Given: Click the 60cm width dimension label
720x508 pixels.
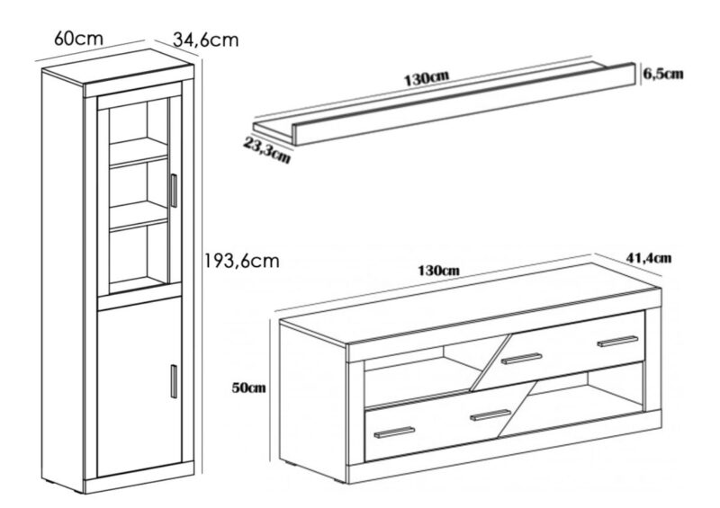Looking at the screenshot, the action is point(78,39).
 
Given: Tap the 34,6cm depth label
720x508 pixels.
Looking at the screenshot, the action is point(206,40).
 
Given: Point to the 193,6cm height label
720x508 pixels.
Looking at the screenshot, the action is point(241,261).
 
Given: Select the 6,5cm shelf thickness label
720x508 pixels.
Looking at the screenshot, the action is point(662,74).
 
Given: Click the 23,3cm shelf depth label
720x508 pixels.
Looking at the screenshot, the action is point(266,150).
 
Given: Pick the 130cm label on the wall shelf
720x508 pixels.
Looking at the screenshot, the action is point(426,78).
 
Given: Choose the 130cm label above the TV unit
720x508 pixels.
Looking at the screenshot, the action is point(438,271).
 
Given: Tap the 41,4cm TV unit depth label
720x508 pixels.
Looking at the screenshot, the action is point(648,258).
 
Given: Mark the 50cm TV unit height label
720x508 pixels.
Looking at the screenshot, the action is point(249,388).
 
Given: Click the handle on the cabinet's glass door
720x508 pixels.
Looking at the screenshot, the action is point(174,191).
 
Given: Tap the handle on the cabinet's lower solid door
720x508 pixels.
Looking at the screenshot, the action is point(174,381).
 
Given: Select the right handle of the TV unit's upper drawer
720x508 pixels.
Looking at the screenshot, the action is point(617,342).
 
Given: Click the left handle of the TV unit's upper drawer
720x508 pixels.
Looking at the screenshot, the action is point(522,359).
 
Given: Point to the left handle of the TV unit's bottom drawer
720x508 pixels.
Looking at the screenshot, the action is point(394,432).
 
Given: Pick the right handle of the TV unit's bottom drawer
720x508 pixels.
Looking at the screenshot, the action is point(490,414).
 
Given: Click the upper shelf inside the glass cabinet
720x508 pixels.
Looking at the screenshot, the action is point(139,151).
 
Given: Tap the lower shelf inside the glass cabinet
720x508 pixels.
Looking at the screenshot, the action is point(139,216).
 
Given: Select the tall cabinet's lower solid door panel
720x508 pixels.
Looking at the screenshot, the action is point(139,387).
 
